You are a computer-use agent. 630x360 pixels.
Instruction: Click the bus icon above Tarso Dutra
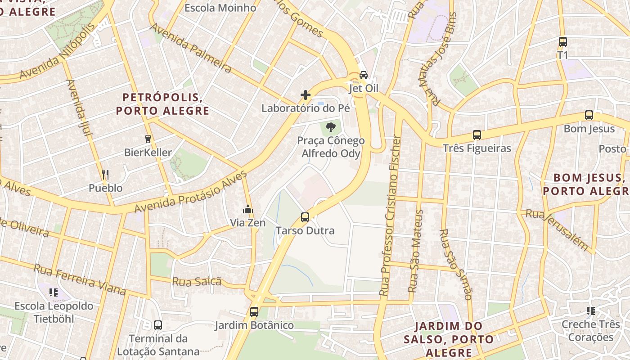(x=305, y=217)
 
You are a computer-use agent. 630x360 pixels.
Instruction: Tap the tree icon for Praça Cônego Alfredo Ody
(x=331, y=127)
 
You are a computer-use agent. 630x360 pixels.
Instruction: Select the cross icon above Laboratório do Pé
(x=306, y=95)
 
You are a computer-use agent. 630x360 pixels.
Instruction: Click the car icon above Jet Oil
(x=364, y=75)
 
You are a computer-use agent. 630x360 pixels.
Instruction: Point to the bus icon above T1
(x=562, y=42)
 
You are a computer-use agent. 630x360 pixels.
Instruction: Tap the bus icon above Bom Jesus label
(x=589, y=115)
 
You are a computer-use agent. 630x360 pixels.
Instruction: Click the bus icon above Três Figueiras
(x=477, y=135)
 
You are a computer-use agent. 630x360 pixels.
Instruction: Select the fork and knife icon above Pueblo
(x=105, y=174)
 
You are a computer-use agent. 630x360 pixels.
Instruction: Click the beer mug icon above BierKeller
(x=148, y=139)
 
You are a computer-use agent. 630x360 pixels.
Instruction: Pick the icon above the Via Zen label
(x=248, y=209)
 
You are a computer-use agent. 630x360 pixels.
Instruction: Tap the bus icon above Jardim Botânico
(x=254, y=311)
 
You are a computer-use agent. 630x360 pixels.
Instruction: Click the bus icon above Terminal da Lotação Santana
(x=157, y=325)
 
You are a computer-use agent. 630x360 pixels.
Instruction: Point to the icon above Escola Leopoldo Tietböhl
(x=54, y=292)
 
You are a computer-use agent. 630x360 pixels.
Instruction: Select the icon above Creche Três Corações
(x=590, y=310)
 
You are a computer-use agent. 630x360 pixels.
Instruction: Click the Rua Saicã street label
(x=197, y=282)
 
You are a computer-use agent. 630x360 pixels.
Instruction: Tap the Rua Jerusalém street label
(x=557, y=229)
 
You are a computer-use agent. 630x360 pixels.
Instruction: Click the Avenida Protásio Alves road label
(x=191, y=192)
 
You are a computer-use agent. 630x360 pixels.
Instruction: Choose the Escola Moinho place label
(x=220, y=8)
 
